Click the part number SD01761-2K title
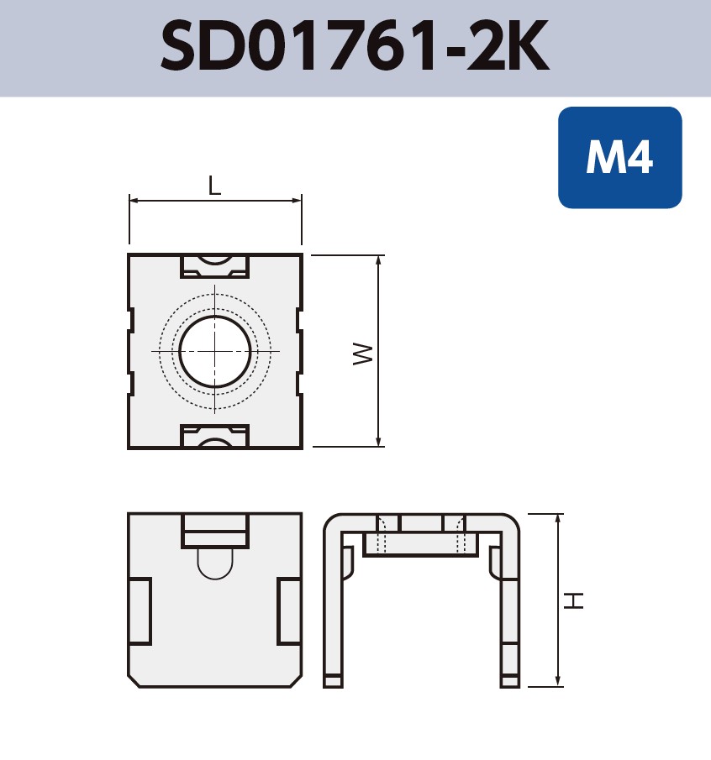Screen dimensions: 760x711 click(355, 48)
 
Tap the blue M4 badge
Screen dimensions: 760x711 click(619, 157)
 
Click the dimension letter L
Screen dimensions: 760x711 click(215, 186)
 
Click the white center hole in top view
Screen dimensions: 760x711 click(215, 351)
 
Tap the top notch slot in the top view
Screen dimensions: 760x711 click(215, 265)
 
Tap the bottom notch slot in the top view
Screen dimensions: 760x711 click(215, 437)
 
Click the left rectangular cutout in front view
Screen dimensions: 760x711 click(140, 611)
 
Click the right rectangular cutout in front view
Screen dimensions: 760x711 click(289, 611)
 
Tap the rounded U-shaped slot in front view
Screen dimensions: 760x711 click(215, 563)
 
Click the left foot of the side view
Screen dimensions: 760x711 click(334, 681)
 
